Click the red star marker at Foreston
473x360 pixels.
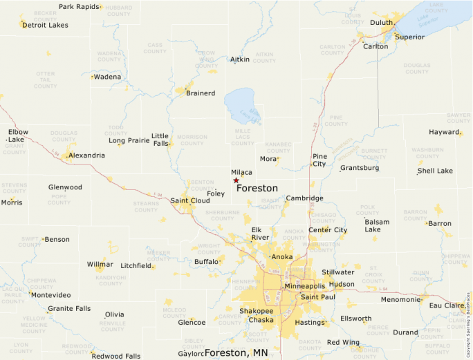tap(236, 180)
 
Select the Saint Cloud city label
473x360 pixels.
tap(190, 201)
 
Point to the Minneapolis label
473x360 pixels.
tap(304, 286)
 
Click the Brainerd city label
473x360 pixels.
tap(201, 93)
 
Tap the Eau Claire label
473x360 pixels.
tap(446, 305)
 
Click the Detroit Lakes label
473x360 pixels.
tap(45, 25)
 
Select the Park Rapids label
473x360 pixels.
tap(78, 7)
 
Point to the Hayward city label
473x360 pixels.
tap(444, 132)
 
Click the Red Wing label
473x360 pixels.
tap(342, 343)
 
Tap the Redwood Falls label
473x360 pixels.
tap(116, 357)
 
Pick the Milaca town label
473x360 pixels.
tap(241, 173)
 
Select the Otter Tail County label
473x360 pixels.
tap(46, 79)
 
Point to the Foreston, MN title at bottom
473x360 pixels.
tap(236, 353)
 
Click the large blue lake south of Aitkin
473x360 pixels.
tap(241, 106)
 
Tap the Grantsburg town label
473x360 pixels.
tap(360, 168)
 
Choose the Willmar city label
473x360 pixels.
tap(100, 265)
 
